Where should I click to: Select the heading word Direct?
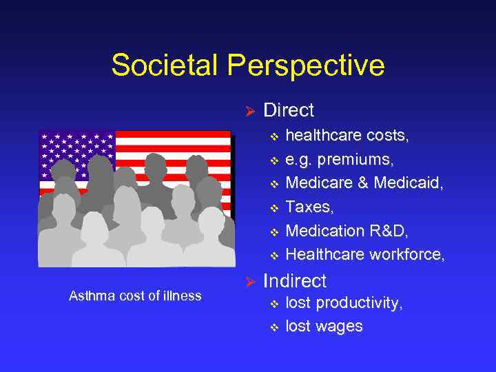pos(289,110)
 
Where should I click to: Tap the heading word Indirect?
pos(295,281)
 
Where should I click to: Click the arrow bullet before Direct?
pos(251,111)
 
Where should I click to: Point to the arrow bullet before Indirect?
pos(251,282)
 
